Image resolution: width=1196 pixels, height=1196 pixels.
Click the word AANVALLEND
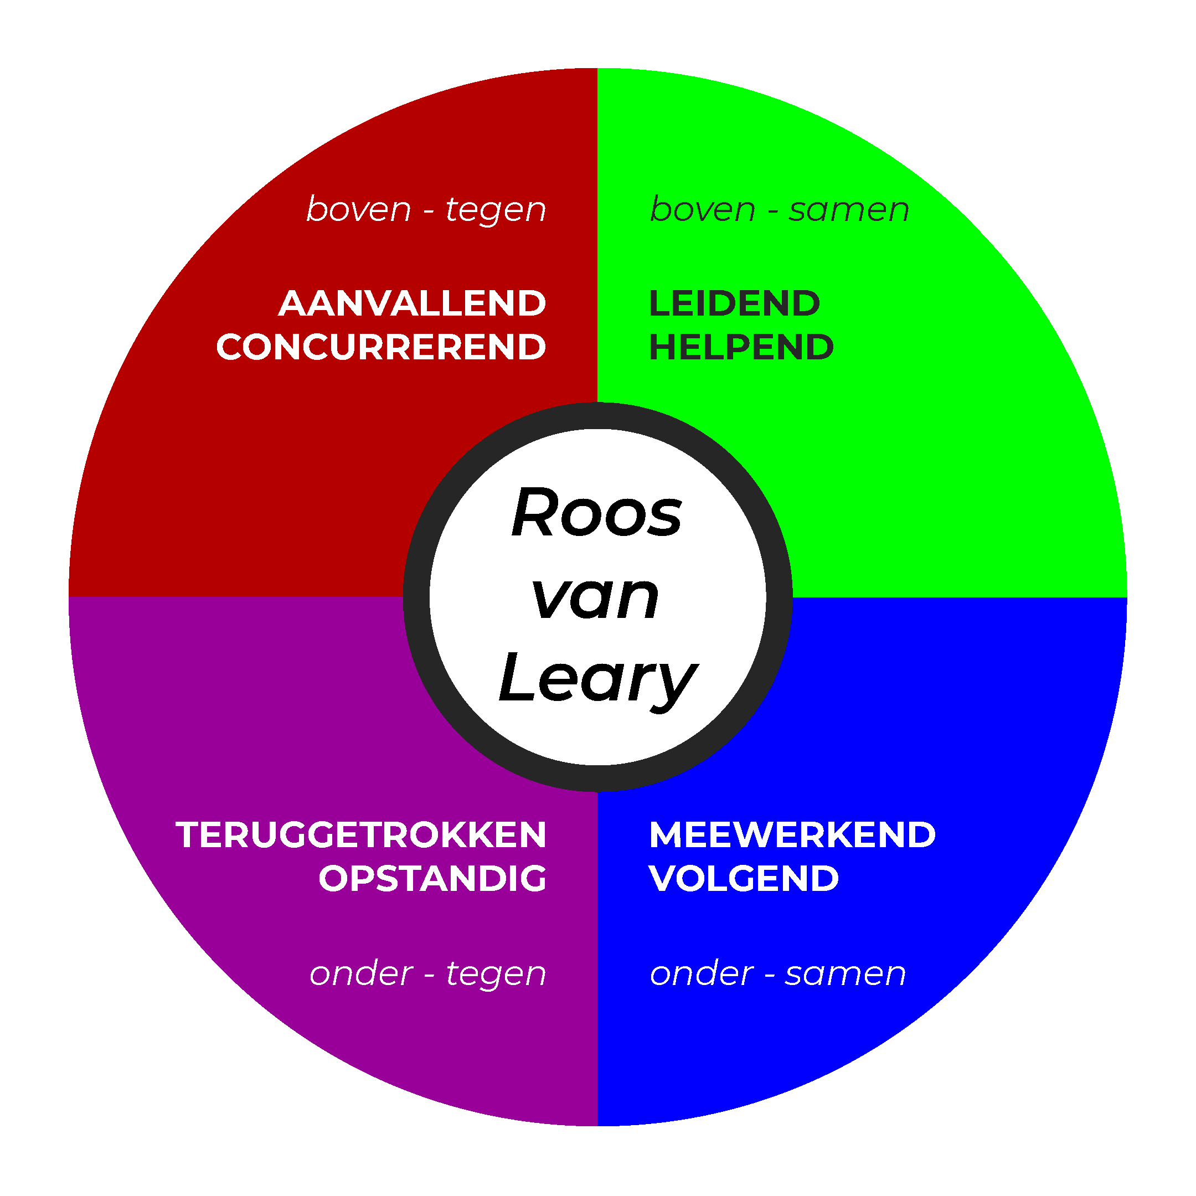413,304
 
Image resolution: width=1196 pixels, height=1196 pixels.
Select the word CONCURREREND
381,347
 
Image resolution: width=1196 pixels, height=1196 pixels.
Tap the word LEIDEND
734,304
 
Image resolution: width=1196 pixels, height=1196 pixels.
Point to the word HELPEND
741,347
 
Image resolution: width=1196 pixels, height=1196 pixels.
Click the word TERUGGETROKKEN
361,835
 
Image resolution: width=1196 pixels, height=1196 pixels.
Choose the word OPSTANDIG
432,878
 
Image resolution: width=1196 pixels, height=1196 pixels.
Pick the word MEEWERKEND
792,835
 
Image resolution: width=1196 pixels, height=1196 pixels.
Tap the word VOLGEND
744,878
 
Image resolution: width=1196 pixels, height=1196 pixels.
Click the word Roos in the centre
596,513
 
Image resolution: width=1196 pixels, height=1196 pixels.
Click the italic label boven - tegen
426,210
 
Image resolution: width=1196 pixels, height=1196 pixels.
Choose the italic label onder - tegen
428,974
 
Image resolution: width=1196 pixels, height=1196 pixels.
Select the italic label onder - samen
777,974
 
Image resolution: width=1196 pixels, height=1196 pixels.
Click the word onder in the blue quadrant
702,974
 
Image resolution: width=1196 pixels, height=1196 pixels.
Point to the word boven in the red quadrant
358,209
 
